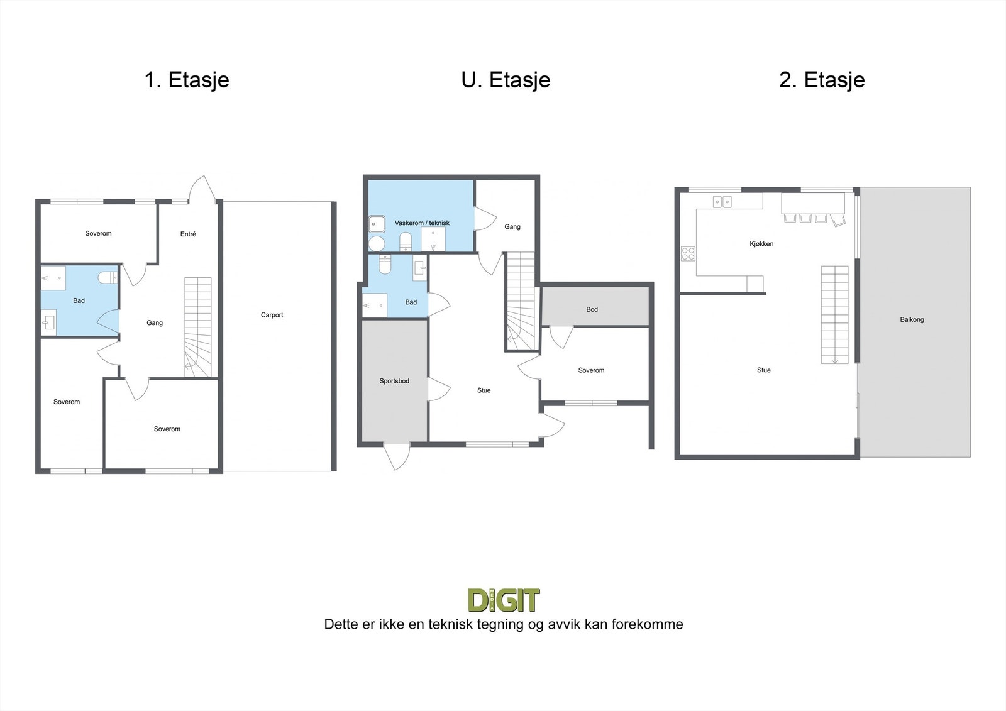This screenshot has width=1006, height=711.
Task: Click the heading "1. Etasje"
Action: tap(187, 80)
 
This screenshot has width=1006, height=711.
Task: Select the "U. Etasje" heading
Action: tap(506, 80)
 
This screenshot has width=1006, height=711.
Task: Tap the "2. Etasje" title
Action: tap(822, 80)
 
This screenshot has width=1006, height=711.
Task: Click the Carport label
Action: tap(272, 315)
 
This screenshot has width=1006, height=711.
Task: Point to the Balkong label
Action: tap(912, 320)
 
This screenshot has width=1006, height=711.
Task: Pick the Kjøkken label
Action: tap(761, 244)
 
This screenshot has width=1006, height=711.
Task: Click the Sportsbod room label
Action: tap(394, 381)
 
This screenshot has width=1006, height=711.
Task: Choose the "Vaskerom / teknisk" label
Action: tap(422, 223)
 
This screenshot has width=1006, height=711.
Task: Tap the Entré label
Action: tap(188, 234)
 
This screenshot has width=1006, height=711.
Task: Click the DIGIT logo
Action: tap(504, 600)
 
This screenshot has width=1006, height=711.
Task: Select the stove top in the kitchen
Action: tap(688, 253)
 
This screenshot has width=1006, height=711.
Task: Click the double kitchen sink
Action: tap(722, 202)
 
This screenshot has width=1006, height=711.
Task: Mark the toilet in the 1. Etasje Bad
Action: tap(108, 277)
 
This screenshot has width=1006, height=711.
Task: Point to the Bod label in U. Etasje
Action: tap(592, 309)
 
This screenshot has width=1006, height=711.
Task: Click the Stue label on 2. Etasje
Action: tap(763, 370)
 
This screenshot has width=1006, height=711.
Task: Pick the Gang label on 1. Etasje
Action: tap(155, 323)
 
